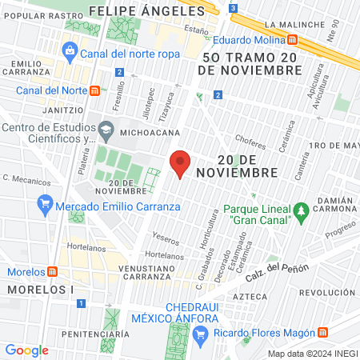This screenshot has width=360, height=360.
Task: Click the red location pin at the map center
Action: click(180, 164)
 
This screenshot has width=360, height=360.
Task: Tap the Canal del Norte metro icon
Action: click(94, 90)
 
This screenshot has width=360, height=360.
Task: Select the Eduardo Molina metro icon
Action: click(294, 38)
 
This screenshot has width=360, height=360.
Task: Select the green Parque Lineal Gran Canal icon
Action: click(301, 210)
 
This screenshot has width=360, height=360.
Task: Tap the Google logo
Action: click(26, 350)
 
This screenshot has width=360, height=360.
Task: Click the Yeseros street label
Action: click(166, 239)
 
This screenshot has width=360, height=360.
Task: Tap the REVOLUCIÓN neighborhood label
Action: click(328, 293)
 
